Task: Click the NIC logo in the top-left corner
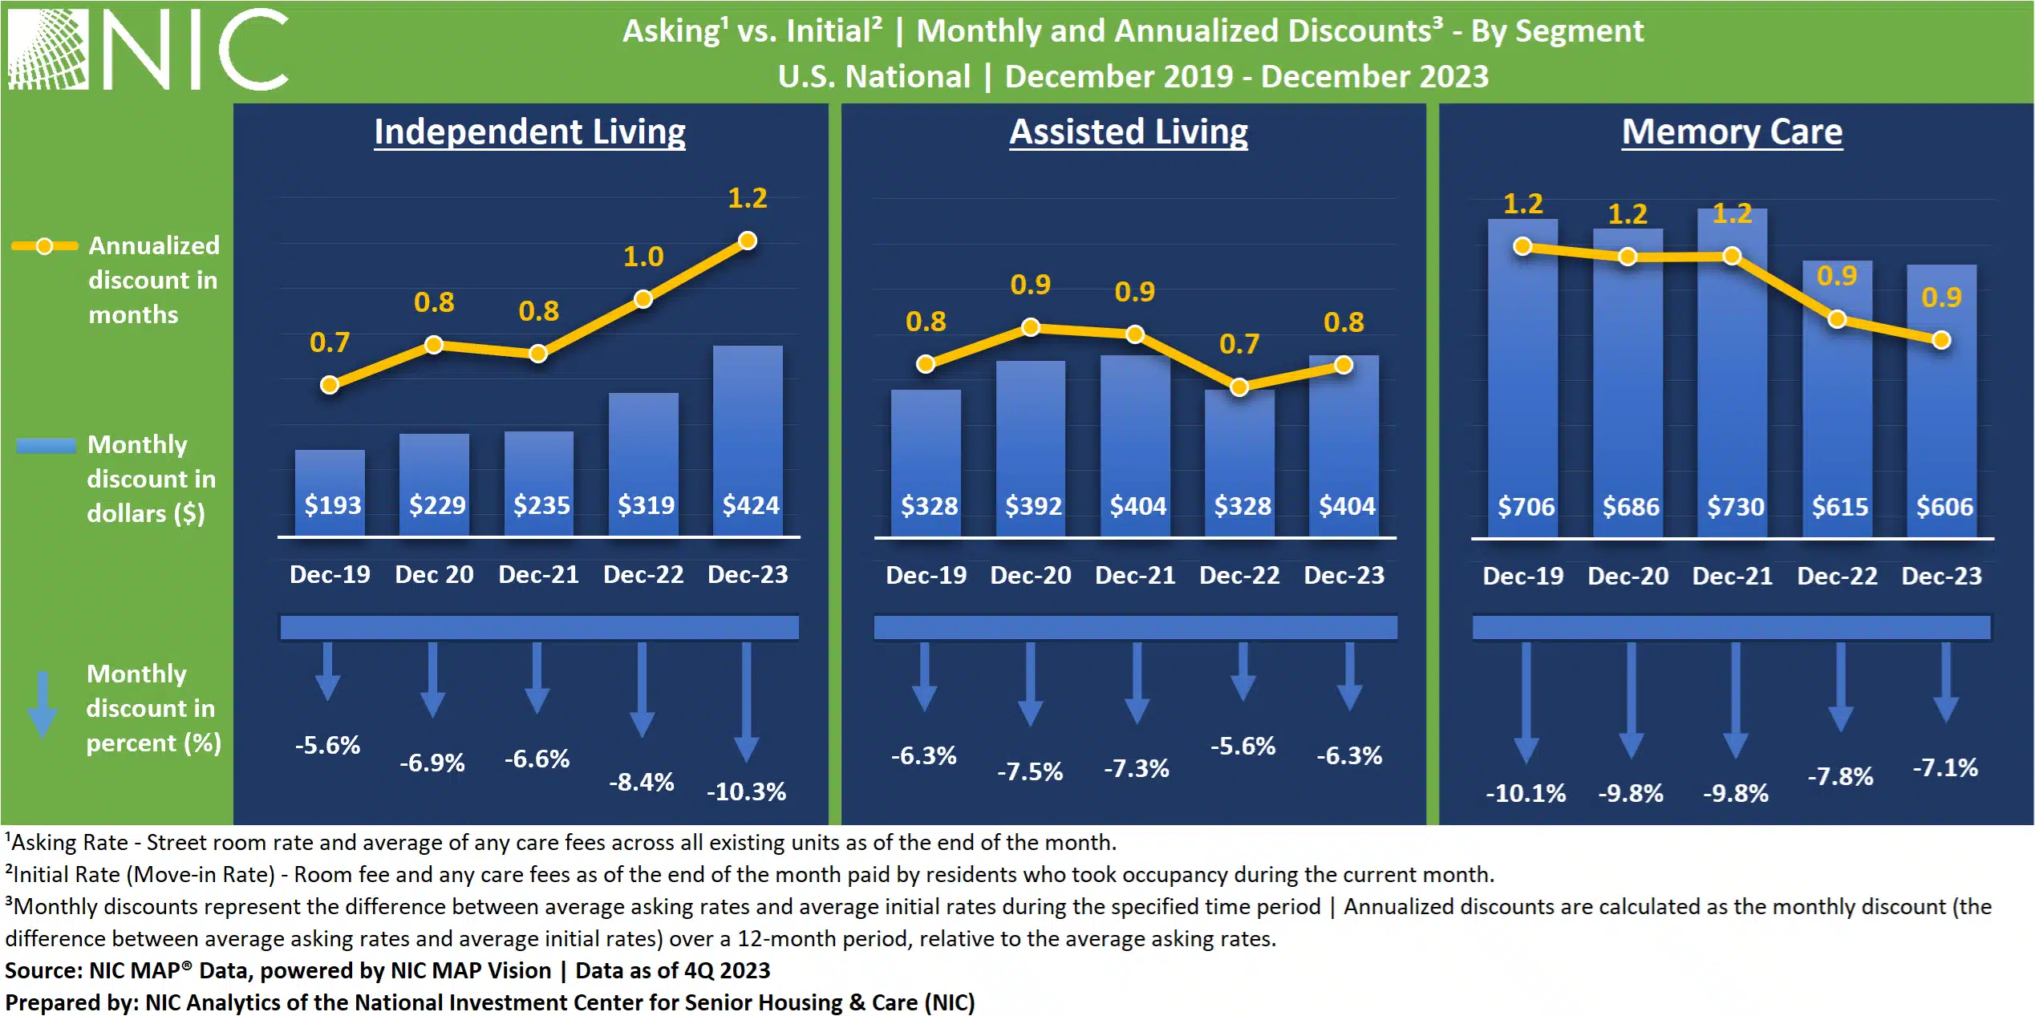pyautogui.click(x=148, y=50)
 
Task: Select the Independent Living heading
pyautogui.click(x=529, y=132)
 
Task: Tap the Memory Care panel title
pyautogui.click(x=1731, y=132)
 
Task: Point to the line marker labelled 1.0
pyautogui.click(x=643, y=299)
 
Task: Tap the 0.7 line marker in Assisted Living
pyautogui.click(x=1239, y=387)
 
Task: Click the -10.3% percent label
pyautogui.click(x=746, y=791)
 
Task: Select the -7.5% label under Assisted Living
pyautogui.click(x=1030, y=771)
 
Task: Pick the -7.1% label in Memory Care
pyautogui.click(x=1945, y=767)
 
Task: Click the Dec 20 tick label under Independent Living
pyautogui.click(x=434, y=574)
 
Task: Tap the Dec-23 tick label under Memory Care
pyautogui.click(x=1941, y=576)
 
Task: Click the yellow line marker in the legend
pyautogui.click(x=45, y=246)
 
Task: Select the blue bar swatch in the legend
pyautogui.click(x=46, y=445)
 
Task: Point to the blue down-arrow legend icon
pyautogui.click(x=42, y=703)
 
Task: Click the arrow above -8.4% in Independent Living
pyautogui.click(x=642, y=690)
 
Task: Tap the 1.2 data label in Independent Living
pyautogui.click(x=747, y=198)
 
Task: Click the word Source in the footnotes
pyautogui.click(x=43, y=970)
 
